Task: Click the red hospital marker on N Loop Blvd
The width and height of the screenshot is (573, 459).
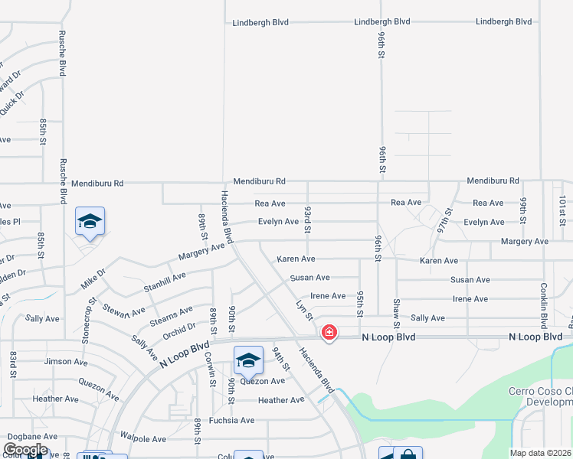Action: (329, 333)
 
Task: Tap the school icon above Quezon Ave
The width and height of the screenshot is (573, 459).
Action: (248, 360)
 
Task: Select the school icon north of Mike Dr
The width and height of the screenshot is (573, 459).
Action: (90, 222)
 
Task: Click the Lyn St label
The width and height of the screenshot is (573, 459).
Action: (304, 310)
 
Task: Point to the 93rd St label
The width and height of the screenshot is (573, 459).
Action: (308, 219)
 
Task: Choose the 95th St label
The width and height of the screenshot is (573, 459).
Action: (359, 303)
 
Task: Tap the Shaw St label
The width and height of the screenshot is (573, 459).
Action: (396, 311)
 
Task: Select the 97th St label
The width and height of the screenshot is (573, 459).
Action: (444, 220)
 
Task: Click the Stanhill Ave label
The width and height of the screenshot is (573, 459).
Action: (165, 282)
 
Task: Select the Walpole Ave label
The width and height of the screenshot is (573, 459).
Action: (144, 439)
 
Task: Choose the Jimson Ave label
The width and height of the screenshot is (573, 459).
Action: (66, 362)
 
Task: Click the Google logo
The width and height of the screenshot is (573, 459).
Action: (25, 450)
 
